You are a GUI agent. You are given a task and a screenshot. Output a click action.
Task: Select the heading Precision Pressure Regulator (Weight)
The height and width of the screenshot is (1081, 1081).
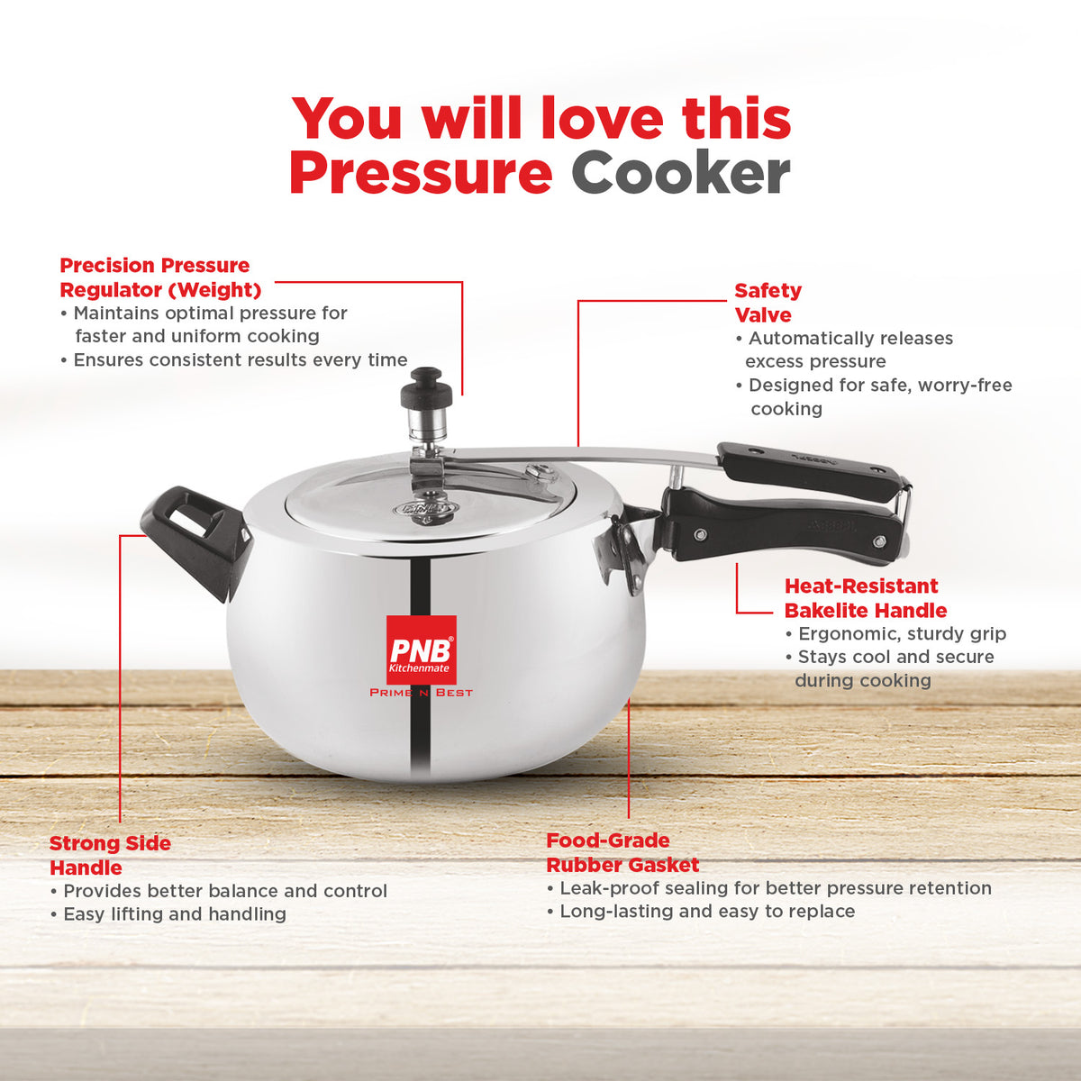(160, 277)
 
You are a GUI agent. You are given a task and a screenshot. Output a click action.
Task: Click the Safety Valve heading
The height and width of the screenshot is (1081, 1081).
(768, 303)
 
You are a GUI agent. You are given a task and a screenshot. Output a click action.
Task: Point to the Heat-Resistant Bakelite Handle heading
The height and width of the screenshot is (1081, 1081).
(866, 598)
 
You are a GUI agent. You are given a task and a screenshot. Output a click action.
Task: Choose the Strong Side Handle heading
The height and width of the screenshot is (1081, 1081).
(110, 856)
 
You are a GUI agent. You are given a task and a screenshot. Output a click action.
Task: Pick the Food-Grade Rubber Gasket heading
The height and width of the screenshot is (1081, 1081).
(622, 853)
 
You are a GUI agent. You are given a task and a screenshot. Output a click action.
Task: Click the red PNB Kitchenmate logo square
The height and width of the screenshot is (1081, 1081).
(422, 650)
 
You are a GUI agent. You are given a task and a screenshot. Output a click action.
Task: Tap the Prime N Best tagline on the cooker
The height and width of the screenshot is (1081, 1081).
(422, 693)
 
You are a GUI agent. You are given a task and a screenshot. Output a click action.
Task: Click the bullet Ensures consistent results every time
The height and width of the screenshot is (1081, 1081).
(234, 359)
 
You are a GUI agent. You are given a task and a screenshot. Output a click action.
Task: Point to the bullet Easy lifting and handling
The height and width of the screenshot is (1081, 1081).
(168, 913)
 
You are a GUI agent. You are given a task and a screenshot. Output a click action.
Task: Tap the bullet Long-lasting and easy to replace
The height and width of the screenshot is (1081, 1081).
(701, 911)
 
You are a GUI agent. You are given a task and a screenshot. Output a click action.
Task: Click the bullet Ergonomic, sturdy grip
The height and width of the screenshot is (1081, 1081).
(895, 634)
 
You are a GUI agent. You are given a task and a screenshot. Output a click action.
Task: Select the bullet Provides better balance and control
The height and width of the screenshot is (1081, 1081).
(219, 891)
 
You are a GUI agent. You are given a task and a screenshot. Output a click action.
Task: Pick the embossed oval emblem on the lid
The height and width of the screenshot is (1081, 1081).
(425, 509)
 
